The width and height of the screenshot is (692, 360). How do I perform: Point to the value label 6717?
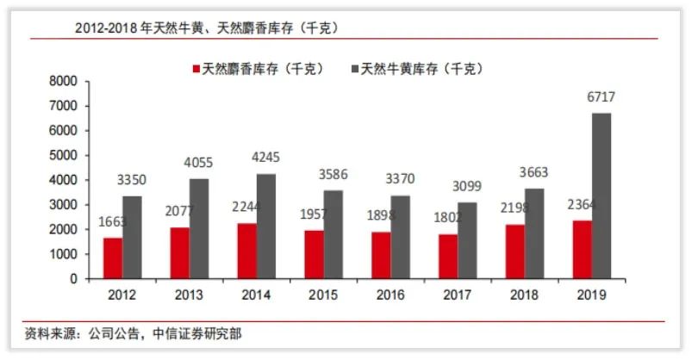coord(602,97)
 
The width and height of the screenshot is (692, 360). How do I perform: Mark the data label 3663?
coord(534,172)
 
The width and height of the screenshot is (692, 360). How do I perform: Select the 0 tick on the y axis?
coord(74,279)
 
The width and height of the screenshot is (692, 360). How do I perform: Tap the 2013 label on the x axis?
coord(189,295)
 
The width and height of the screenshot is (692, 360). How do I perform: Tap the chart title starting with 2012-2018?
coord(206,28)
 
